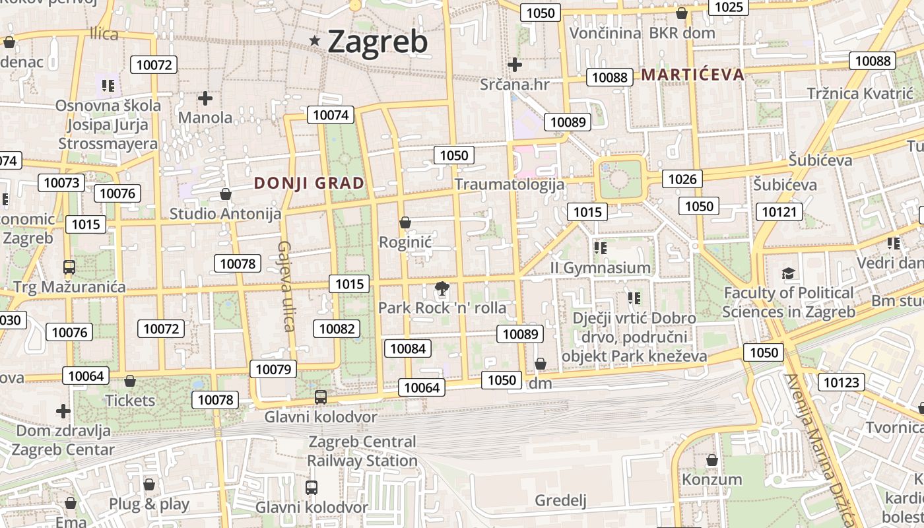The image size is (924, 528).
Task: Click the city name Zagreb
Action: point(378,42)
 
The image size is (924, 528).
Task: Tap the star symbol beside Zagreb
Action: point(315,41)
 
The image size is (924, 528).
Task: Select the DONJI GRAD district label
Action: point(309,183)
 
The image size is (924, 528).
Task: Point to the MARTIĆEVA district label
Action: point(692,75)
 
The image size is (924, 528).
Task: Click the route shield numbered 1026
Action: point(682,179)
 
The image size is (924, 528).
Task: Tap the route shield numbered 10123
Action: point(841,382)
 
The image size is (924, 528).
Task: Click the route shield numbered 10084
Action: point(408,348)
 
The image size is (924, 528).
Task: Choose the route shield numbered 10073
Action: point(61,183)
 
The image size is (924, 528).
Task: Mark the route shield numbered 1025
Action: point(729,7)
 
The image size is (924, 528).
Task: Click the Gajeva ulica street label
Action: point(285,286)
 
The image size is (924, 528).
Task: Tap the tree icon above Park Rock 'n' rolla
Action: point(442,288)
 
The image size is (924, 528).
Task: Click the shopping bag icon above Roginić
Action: point(405,223)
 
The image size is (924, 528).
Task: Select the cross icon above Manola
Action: point(205,98)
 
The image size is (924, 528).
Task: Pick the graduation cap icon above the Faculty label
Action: point(788,273)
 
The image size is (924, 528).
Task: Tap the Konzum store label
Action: point(711,479)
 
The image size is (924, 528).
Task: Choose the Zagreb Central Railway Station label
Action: point(362,451)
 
